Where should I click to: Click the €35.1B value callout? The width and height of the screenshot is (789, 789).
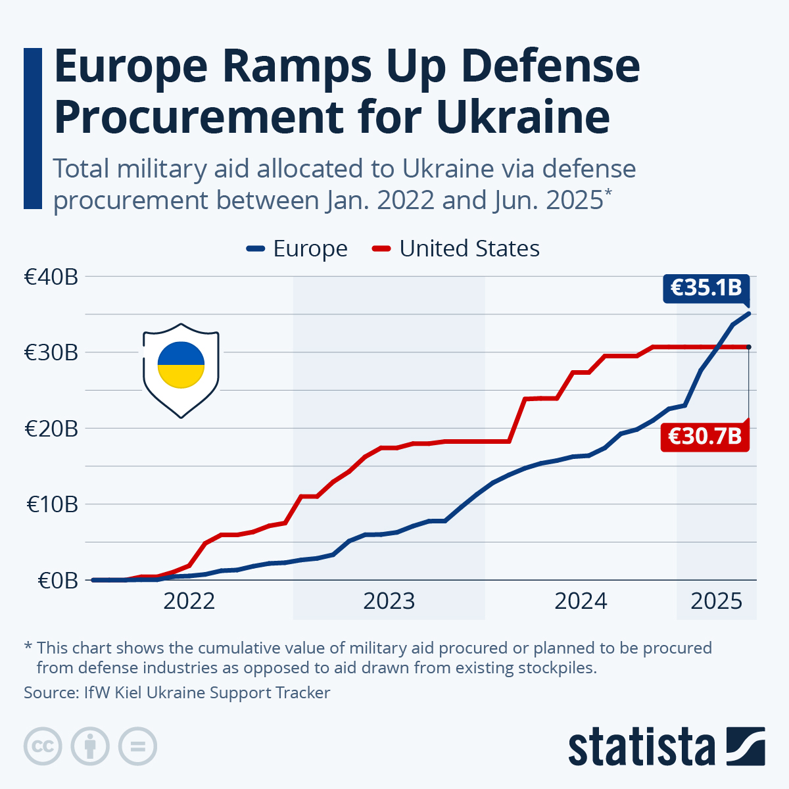(x=706, y=287)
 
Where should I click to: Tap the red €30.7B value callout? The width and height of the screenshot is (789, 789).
(x=705, y=436)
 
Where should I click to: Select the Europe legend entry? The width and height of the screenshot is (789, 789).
(x=297, y=249)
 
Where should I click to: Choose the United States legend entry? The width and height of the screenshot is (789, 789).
(x=456, y=249)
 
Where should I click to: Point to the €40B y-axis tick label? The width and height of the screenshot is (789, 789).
(x=51, y=277)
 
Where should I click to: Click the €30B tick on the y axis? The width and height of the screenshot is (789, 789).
(x=51, y=352)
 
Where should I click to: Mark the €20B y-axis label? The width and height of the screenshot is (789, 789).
(x=51, y=429)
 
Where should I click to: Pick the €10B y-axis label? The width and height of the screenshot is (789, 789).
(x=53, y=504)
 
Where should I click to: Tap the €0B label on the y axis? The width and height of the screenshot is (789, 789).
(x=58, y=581)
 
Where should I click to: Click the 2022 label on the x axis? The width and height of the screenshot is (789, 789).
(x=189, y=601)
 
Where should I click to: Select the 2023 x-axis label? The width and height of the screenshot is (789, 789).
(x=389, y=601)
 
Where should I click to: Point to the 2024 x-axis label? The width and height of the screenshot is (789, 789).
(x=581, y=601)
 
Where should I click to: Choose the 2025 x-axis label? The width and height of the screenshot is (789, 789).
(x=717, y=601)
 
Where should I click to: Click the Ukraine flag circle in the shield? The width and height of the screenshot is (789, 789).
(x=181, y=365)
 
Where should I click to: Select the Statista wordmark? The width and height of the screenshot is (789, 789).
(x=641, y=748)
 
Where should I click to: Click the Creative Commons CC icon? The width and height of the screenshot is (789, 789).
(x=43, y=747)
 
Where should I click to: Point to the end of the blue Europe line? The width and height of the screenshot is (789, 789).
(x=749, y=314)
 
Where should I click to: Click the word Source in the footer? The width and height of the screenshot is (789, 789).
(x=50, y=692)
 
